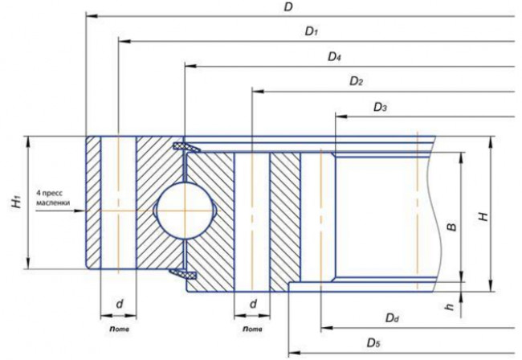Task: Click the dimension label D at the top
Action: (288, 7)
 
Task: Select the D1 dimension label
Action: (312, 31)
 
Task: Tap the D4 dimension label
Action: (334, 56)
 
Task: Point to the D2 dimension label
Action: (356, 81)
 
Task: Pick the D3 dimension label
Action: (380, 107)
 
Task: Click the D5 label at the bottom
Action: (373, 342)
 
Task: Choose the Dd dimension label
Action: (392, 318)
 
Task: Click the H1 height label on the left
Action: (17, 202)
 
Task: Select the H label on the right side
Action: (483, 217)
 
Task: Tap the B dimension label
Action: (451, 227)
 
